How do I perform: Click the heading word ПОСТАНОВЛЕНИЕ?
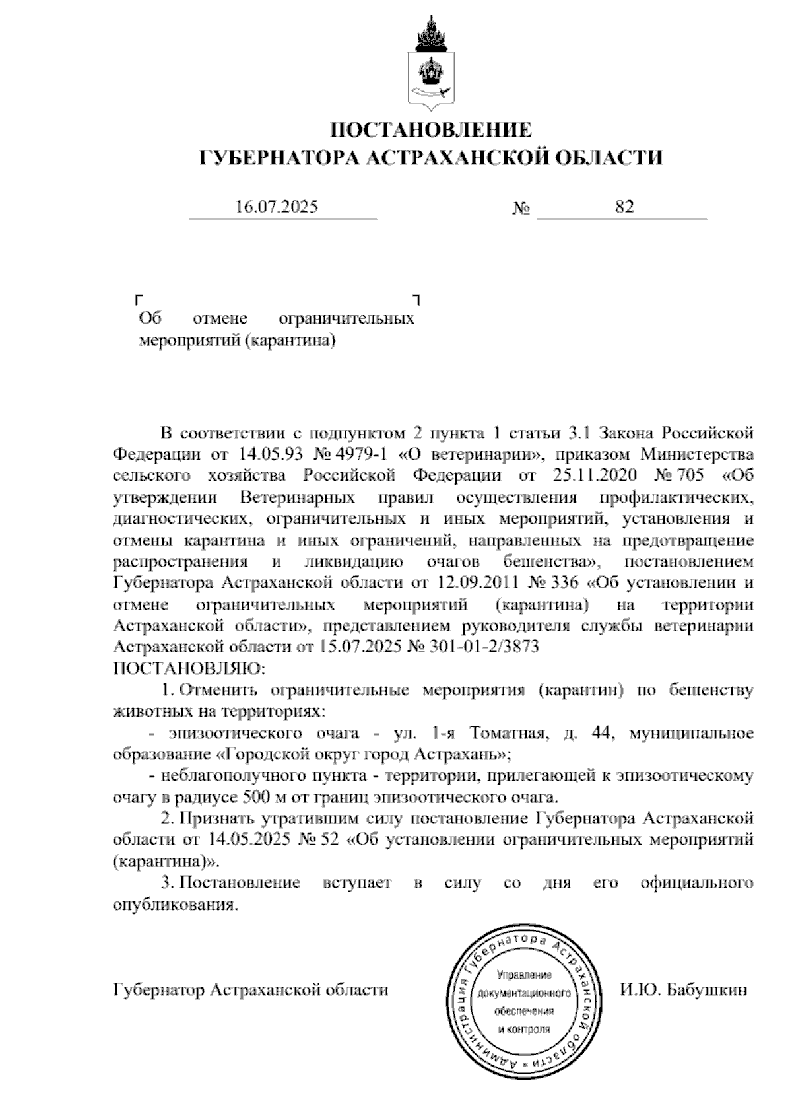(x=431, y=130)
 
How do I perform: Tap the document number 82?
(x=624, y=207)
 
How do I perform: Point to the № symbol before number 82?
(x=521, y=209)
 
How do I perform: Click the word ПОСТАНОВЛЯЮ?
(x=189, y=669)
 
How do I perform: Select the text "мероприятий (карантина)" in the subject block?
(x=234, y=341)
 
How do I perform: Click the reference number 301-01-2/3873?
(x=484, y=647)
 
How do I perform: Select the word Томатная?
(x=507, y=733)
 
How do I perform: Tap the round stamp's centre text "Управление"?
(x=524, y=975)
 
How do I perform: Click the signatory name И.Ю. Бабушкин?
(x=684, y=991)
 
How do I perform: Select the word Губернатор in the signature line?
(x=158, y=991)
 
